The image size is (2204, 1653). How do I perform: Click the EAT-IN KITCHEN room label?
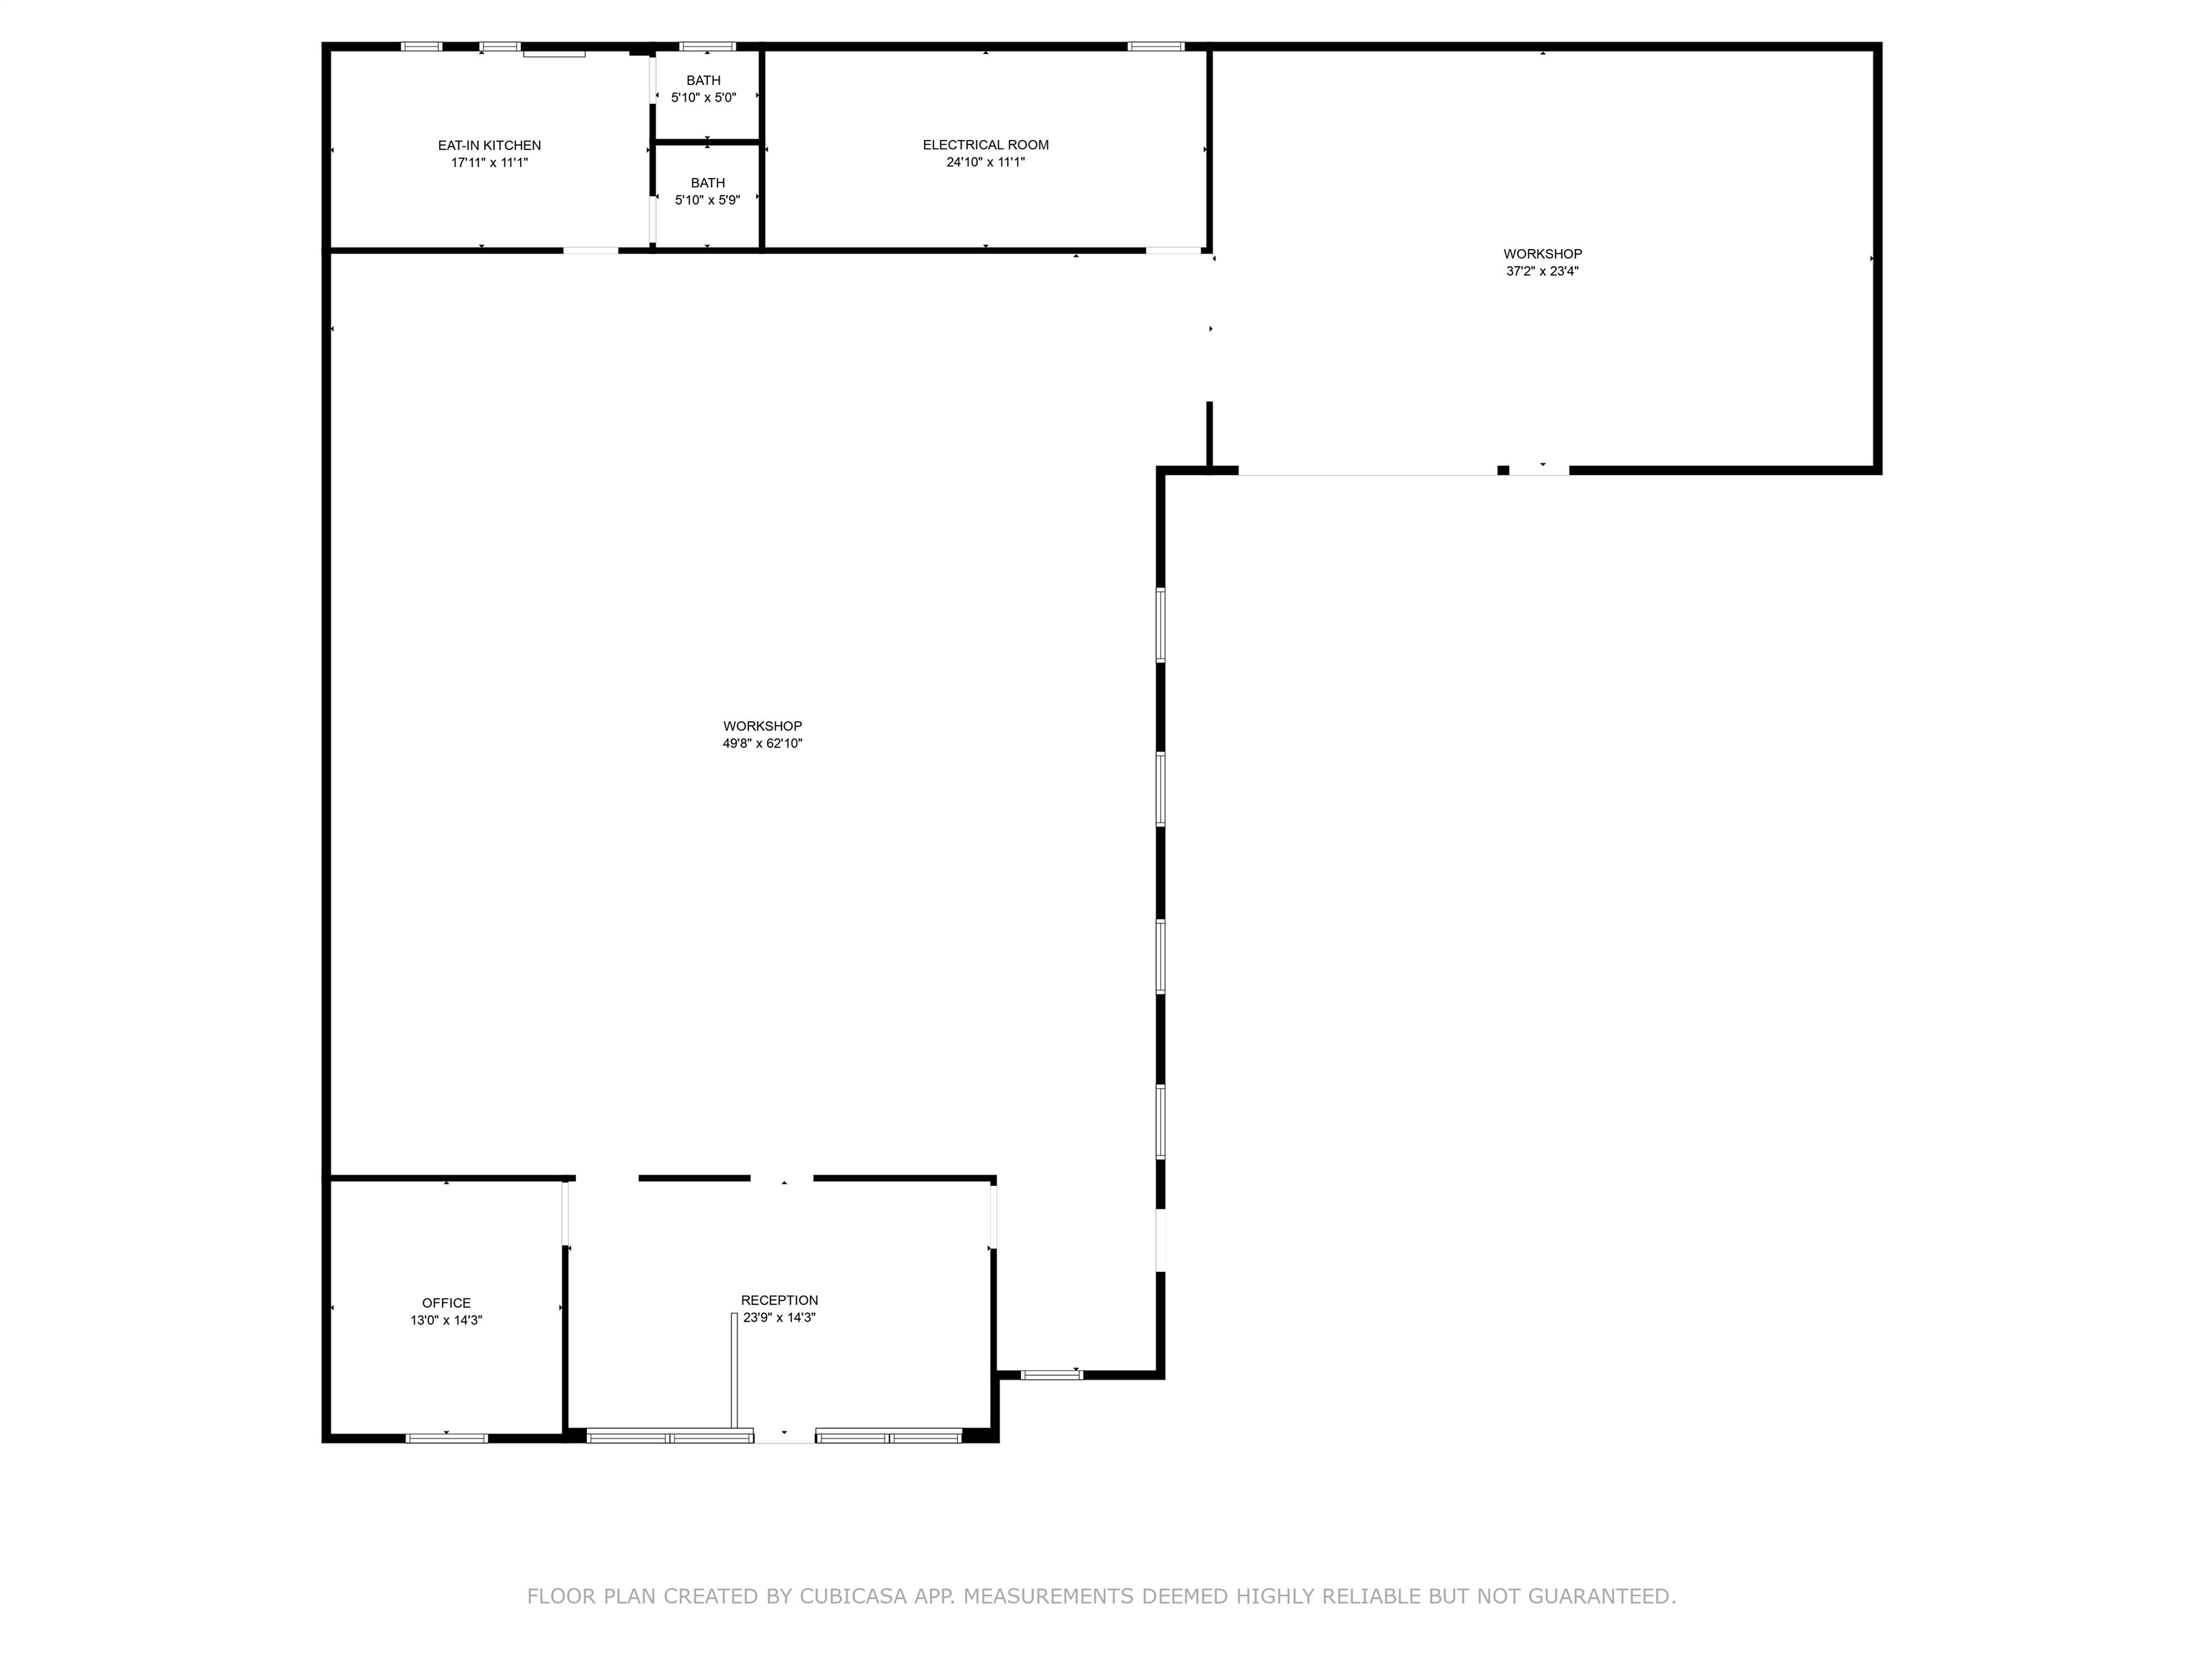489,146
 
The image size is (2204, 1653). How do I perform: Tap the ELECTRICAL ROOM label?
986,144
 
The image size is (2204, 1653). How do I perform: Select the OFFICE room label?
446,1304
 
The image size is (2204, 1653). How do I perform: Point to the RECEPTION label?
779,1300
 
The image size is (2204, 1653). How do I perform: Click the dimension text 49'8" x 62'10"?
762,743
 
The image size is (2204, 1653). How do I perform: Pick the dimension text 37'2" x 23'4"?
1543,271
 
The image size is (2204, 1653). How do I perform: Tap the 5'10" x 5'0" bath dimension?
703,98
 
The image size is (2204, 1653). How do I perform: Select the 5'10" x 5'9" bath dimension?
707,200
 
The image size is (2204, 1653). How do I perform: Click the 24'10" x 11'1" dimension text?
986,161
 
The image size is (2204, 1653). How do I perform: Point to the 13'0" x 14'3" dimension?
446,1320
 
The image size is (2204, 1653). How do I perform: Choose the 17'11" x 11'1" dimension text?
489,162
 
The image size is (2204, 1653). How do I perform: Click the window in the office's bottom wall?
446,1438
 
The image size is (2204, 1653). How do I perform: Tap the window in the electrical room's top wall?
1156,46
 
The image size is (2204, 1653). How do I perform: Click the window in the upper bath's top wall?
707,46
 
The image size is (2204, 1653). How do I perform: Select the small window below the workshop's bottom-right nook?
1051,1375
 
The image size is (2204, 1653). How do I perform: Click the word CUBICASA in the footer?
854,1596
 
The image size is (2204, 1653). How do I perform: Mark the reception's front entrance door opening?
784,1436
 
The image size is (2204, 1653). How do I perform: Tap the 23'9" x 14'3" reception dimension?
779,1317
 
